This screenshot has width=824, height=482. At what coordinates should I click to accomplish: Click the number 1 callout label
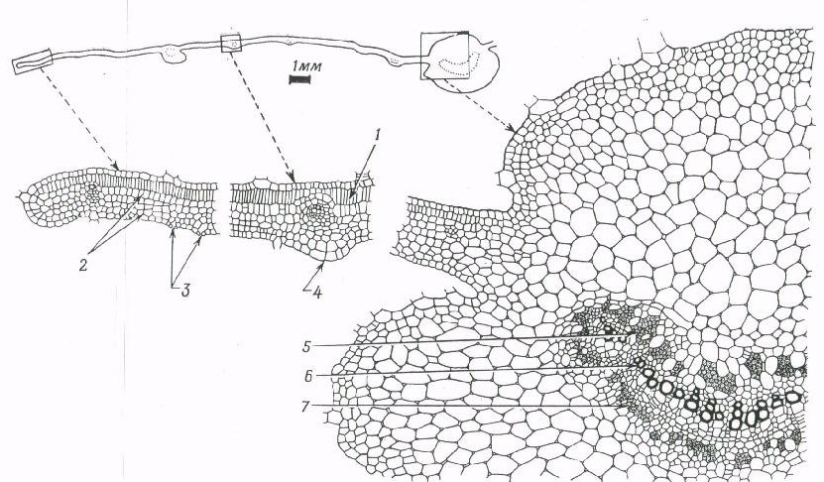(x=377, y=135)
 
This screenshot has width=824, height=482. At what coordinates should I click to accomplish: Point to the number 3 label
(x=184, y=290)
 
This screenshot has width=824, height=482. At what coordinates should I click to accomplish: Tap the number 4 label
(x=317, y=292)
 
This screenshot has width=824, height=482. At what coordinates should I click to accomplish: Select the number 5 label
(x=307, y=346)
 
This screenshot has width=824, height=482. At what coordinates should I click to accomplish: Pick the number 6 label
(x=308, y=376)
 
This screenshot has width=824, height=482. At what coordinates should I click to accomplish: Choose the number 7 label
(x=308, y=407)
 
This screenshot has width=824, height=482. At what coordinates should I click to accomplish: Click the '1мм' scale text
(x=306, y=66)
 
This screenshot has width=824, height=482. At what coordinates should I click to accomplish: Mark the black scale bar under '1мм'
(x=300, y=79)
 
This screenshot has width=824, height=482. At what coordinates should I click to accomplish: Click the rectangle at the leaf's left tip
(x=32, y=61)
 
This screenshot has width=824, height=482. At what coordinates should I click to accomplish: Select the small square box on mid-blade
(x=231, y=43)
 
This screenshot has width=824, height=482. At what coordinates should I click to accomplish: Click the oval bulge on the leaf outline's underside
(x=173, y=55)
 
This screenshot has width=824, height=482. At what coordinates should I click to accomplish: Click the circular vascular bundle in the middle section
(x=317, y=213)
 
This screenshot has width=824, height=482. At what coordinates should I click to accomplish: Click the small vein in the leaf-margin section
(x=93, y=190)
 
